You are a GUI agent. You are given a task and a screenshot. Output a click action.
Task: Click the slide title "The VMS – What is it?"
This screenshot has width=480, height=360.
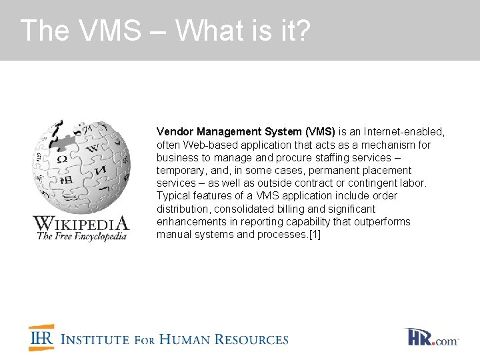[x=165, y=31]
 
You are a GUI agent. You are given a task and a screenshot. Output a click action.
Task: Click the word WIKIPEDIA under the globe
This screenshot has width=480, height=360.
[x=81, y=223]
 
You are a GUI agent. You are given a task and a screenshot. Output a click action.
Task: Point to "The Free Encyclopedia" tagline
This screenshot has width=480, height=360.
[x=81, y=236]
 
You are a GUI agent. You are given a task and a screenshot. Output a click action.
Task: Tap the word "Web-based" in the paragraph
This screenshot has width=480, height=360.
[x=207, y=145]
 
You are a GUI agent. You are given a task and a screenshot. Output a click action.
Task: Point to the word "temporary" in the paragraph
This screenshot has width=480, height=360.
[x=179, y=171]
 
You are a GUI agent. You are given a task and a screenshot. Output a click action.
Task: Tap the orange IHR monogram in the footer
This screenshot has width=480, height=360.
[x=41, y=338]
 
